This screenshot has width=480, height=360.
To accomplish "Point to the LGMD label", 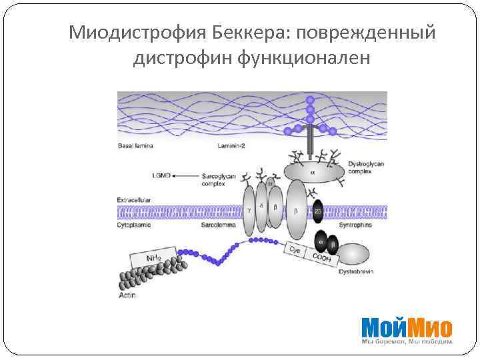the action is coord(161,175).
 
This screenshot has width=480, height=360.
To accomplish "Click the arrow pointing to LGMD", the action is coord(185,175).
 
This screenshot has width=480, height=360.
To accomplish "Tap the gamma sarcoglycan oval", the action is coord(249,211).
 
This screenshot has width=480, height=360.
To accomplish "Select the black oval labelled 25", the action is coord(318,211).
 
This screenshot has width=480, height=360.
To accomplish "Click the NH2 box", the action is coord(155,257).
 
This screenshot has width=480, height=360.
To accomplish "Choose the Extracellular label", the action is coord(134,199).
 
